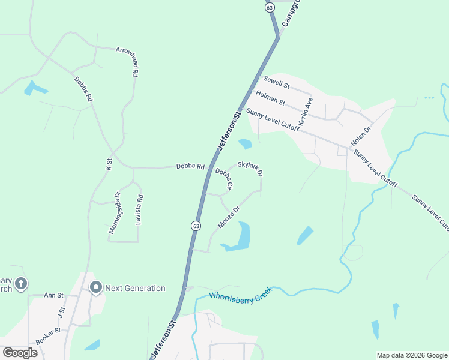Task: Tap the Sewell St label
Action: click(276, 82)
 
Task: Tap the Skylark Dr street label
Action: click(250, 167)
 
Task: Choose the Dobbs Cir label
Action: click(224, 179)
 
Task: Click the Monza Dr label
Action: click(229, 217)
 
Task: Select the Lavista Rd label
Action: click(139, 209)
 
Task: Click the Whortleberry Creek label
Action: click(240, 295)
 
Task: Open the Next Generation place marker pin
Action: click(95, 287)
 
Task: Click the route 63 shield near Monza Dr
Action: click(196, 226)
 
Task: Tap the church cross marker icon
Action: click(21, 283)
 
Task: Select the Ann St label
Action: click(53, 295)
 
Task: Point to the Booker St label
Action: click(48, 335)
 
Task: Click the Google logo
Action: click(20, 352)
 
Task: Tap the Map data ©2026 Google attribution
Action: click(411, 355)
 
